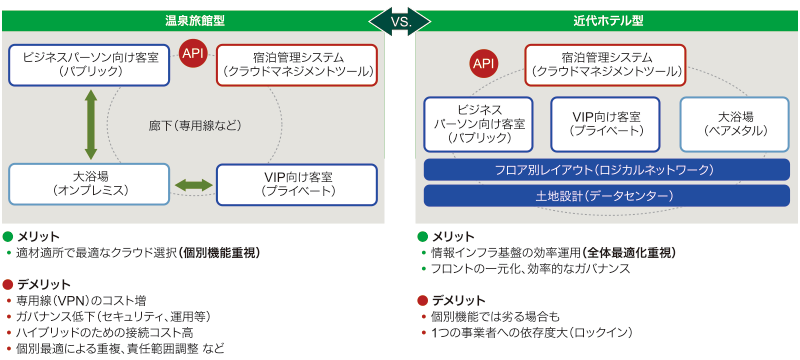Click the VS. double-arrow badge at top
[x=400, y=21]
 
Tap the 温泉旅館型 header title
[x=195, y=21]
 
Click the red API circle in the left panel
[x=193, y=54]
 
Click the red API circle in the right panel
[x=484, y=63]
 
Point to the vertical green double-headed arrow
[x=90, y=124]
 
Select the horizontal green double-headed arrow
[x=193, y=185]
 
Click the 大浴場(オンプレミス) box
[x=89, y=184]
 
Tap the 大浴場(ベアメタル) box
[x=735, y=124]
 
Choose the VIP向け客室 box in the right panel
[x=606, y=124]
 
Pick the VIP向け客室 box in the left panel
[x=297, y=184]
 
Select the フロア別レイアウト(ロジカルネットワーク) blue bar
[x=607, y=170]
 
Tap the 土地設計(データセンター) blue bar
[x=607, y=196]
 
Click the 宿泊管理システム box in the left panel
[x=297, y=65]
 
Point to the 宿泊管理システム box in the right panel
[x=606, y=65]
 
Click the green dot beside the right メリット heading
[x=422, y=237]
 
